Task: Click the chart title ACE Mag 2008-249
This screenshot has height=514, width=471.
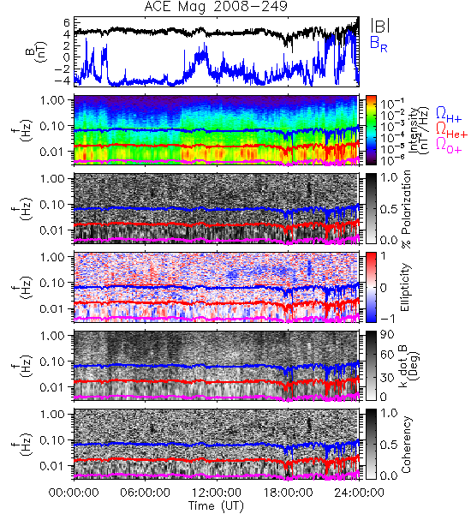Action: (215, 6)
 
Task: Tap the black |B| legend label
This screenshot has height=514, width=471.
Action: (380, 25)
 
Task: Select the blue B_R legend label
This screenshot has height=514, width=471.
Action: (379, 44)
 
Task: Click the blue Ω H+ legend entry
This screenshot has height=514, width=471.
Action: (449, 116)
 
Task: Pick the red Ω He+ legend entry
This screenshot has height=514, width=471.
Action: (451, 130)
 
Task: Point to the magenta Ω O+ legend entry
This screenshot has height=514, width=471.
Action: (449, 146)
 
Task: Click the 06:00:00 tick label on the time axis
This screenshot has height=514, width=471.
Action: (146, 493)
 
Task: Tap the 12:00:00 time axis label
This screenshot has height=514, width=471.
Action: (217, 493)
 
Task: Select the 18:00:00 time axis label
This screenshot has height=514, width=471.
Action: (288, 493)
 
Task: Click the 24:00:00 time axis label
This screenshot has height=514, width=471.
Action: (359, 493)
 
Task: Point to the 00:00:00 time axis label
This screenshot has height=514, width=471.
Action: (74, 493)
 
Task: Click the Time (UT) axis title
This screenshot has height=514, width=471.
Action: (217, 506)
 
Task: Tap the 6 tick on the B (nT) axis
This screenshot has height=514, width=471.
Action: (67, 22)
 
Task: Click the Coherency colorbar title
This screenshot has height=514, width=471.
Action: (406, 445)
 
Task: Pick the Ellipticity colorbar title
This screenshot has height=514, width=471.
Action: (405, 288)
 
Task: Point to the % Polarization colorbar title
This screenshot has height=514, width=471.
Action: (406, 209)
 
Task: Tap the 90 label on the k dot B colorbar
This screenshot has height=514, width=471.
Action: (386, 335)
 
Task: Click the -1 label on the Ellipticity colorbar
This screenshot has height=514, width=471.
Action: (387, 319)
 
